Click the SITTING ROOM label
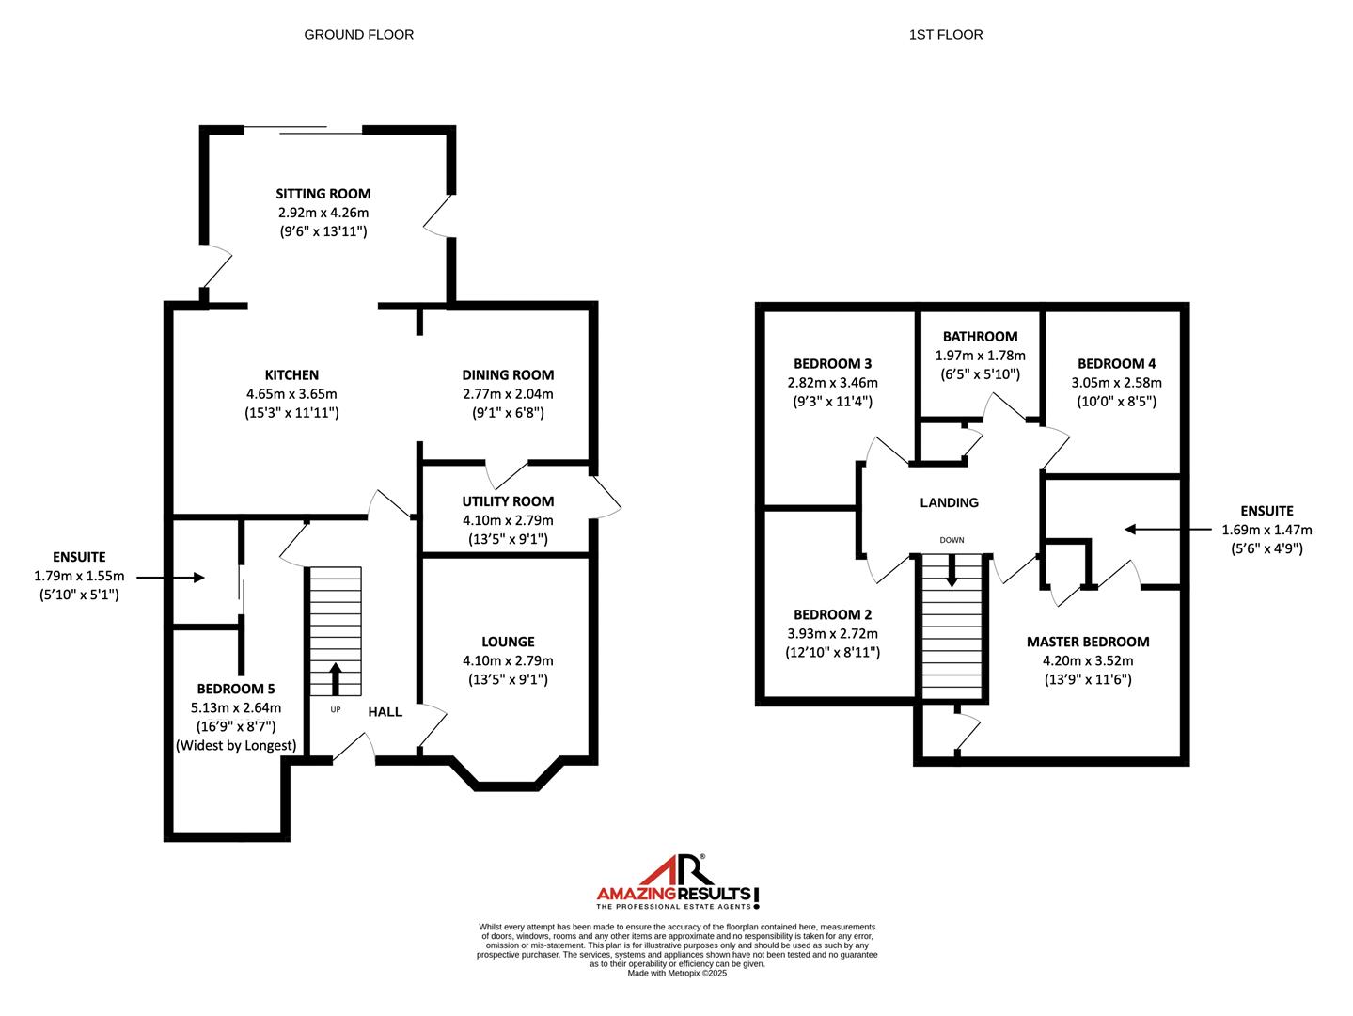[x=323, y=194]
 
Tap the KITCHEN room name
[x=291, y=374]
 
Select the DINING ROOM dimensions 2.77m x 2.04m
[x=508, y=394]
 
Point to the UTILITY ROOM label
[x=508, y=501]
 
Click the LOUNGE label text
[x=508, y=642]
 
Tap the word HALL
[x=385, y=712]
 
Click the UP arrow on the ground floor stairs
[x=336, y=679]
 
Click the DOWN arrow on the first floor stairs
[x=952, y=570]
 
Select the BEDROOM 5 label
[x=236, y=689]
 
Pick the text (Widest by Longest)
[x=236, y=745]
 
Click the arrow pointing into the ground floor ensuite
[x=170, y=577]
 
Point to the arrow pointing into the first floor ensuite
[x=1168, y=529]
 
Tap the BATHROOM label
[x=980, y=337]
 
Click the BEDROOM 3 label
[x=833, y=364]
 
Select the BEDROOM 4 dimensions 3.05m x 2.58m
[x=1116, y=383]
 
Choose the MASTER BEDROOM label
[x=1088, y=642]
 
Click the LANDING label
[x=950, y=502]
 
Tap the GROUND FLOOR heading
[x=359, y=35]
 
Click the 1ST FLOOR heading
[x=946, y=35]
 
